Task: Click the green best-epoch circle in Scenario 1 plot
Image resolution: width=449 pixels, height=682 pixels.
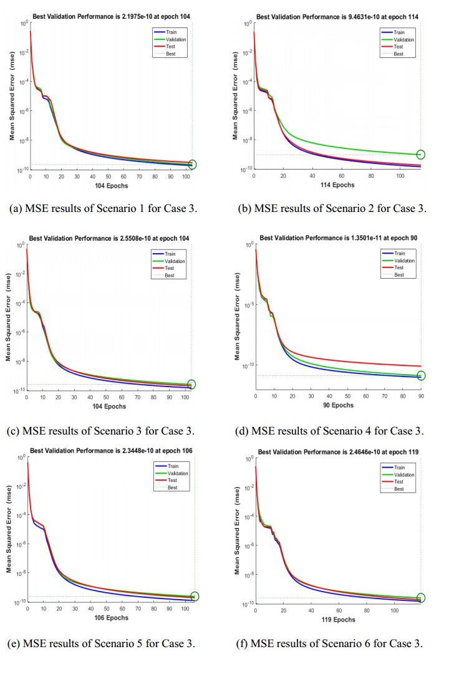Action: tap(192, 165)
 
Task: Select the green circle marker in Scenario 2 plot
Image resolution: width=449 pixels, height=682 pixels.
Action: tap(421, 154)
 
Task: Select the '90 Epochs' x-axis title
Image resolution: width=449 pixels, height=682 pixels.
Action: tap(338, 405)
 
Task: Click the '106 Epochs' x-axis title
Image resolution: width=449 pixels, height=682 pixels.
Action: tap(111, 618)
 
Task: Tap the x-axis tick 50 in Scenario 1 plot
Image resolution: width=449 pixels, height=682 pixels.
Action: tap(109, 176)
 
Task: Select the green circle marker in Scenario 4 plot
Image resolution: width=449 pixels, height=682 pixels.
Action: tap(421, 375)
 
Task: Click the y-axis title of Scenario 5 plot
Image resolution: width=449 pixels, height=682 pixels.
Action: tap(11, 529)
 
